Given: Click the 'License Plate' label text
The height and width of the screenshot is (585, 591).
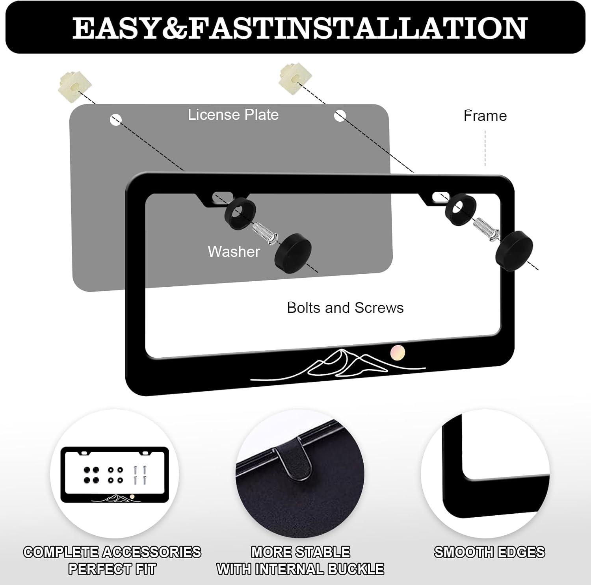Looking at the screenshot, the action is pos(233,115).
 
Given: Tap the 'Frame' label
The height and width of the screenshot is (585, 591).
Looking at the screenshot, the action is pos(485,116).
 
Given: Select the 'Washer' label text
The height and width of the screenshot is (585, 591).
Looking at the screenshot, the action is pos(234,251).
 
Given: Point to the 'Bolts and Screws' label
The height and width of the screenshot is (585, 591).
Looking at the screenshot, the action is pos(346,308).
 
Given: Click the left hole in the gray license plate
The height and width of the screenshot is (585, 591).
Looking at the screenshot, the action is pos(116,120).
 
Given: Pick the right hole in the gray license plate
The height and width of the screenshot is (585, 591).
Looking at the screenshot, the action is pos(340,115).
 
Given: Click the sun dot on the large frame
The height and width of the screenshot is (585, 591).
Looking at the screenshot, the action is pos(397,351).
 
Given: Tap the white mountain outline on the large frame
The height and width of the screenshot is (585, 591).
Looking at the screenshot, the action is pos(338,365).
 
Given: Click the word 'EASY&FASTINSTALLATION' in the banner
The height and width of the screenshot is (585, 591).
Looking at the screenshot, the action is pos(299,28).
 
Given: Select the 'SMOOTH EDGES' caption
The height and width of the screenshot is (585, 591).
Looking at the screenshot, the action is pos(489,552).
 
